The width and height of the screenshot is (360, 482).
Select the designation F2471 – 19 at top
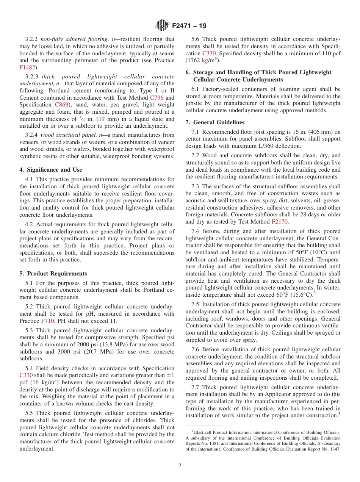(189, 26)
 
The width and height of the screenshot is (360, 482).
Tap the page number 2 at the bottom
(180, 466)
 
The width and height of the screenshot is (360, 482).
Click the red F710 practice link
(47, 321)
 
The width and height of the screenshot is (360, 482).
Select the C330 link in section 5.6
(210, 53)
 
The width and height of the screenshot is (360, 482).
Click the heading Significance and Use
(55, 170)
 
